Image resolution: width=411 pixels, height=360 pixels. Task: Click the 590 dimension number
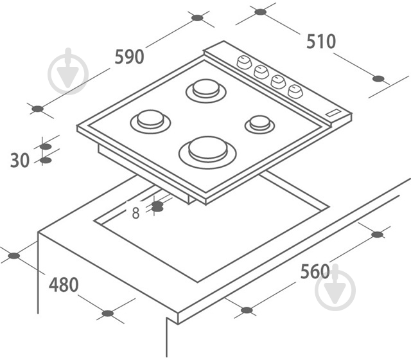pyautogui.click(x=130, y=57)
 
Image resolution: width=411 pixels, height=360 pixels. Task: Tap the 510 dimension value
pyautogui.click(x=321, y=41)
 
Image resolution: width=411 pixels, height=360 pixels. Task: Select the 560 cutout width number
pyautogui.click(x=315, y=271)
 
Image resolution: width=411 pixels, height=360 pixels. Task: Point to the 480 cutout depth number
pyautogui.click(x=64, y=285)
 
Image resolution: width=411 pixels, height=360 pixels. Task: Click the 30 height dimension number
pyautogui.click(x=20, y=160)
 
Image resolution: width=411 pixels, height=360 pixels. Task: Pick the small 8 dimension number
pyautogui.click(x=136, y=213)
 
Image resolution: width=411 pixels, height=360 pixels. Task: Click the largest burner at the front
pyautogui.click(x=207, y=152)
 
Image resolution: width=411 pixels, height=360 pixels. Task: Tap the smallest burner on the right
pyautogui.click(x=259, y=124)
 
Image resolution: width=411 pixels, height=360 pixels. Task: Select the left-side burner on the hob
pyautogui.click(x=150, y=122)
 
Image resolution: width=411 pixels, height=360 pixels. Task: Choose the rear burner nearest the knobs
pyautogui.click(x=206, y=91)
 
